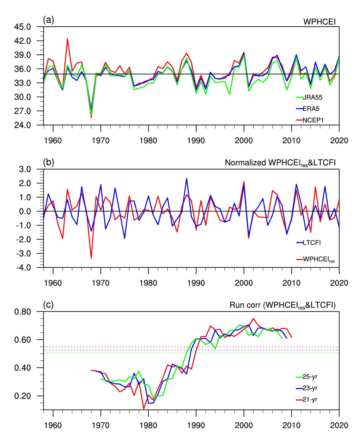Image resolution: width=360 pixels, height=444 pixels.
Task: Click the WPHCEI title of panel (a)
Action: pyautogui.click(x=319, y=22)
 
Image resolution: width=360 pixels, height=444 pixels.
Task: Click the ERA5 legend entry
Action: pyautogui.click(x=311, y=109)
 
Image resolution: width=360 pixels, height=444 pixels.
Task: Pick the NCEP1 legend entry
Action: pyautogui.click(x=313, y=120)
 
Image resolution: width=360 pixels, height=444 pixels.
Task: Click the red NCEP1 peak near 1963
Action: pyautogui.click(x=67, y=39)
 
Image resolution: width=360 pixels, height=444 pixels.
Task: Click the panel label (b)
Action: pyautogui.click(x=48, y=162)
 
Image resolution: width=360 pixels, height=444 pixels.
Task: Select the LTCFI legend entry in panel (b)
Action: pyautogui.click(x=311, y=243)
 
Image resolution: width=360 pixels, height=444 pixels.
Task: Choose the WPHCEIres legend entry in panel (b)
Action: pyautogui.click(x=318, y=260)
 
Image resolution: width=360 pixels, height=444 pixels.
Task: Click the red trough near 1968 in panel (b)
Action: pyautogui.click(x=91, y=258)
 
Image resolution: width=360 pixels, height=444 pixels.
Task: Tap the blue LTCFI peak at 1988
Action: pyautogui.click(x=187, y=179)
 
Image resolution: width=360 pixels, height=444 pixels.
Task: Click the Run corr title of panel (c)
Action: pyautogui.click(x=282, y=305)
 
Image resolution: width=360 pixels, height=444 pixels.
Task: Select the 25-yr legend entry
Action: pyautogui.click(x=310, y=377)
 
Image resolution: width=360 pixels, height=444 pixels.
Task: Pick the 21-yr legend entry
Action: pyautogui.click(x=310, y=400)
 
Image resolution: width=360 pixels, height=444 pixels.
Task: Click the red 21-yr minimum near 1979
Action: pyautogui.click(x=144, y=409)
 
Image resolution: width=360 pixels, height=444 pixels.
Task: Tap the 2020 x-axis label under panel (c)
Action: pyautogui.click(x=339, y=425)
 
